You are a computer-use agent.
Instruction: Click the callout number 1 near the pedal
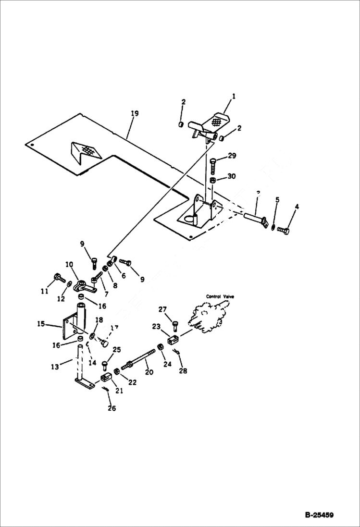click(x=234, y=97)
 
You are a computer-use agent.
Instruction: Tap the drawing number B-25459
click(x=319, y=515)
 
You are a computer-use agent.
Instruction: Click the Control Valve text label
click(x=220, y=296)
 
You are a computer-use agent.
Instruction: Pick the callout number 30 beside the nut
click(x=231, y=176)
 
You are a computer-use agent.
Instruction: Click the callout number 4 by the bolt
click(x=297, y=207)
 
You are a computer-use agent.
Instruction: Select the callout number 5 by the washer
click(x=277, y=199)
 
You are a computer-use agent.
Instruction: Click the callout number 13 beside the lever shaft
click(x=55, y=367)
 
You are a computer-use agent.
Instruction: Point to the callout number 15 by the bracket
click(x=41, y=324)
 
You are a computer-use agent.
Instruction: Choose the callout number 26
click(x=111, y=408)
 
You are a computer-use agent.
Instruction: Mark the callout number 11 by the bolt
click(x=45, y=292)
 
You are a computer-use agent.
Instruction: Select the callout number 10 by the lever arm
click(x=69, y=264)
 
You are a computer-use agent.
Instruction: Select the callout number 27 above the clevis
click(x=162, y=309)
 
